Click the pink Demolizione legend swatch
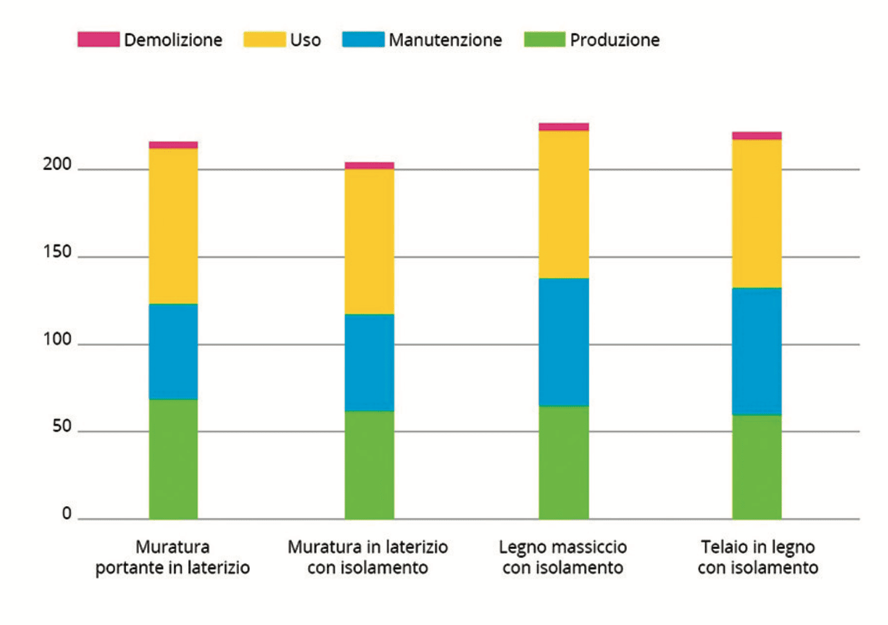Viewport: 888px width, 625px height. [98, 40]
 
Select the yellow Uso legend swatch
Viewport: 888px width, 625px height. [264, 40]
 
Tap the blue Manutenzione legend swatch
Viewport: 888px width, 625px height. [363, 40]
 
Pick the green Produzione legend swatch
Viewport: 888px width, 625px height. [545, 40]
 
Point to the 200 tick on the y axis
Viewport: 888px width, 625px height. [57, 164]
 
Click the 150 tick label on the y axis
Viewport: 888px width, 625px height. [57, 252]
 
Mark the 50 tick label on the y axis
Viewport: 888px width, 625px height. [62, 427]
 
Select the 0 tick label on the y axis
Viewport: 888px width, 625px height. [66, 514]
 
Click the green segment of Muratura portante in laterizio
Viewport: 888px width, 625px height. [173, 458]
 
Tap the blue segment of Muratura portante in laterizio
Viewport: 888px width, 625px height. [173, 352]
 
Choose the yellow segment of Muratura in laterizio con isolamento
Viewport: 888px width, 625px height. [369, 241]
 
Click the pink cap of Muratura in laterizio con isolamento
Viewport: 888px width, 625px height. [369, 165]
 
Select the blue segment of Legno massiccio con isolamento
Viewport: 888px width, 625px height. [563, 342]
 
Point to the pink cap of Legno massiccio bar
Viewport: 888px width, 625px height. [563, 127]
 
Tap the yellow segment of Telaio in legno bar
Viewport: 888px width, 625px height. [756, 214]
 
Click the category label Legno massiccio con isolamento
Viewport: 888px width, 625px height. [563, 557]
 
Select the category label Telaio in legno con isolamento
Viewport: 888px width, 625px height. [758, 557]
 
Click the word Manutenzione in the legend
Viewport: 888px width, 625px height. [445, 40]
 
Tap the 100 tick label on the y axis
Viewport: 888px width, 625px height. [57, 339]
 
